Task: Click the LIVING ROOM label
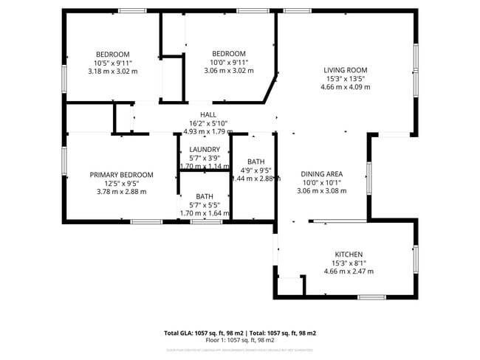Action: [x=345, y=70]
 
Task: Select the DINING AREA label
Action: [x=323, y=174]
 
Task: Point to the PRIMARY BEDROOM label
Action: [x=122, y=175]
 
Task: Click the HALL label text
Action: [x=208, y=115]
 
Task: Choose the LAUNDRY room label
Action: [x=205, y=149]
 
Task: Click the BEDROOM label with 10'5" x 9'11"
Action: [x=113, y=54]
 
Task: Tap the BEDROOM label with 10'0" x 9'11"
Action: [x=229, y=54]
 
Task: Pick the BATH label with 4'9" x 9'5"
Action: [x=256, y=162]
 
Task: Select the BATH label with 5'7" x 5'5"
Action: [x=205, y=196]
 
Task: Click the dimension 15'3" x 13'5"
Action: [x=345, y=79]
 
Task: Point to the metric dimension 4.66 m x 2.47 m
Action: [x=349, y=271]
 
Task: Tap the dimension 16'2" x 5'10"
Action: [x=208, y=123]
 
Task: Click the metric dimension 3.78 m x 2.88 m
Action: [x=122, y=191]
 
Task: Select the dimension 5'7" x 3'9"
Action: [x=205, y=158]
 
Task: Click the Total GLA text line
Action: [x=240, y=333]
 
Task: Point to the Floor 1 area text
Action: [x=240, y=341]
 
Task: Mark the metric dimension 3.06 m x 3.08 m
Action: [x=323, y=190]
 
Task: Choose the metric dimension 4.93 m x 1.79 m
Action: [x=208, y=131]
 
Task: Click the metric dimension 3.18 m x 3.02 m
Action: [x=113, y=71]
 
